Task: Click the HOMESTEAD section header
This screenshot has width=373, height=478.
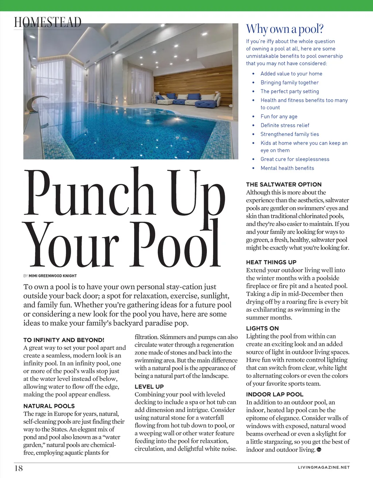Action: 48,22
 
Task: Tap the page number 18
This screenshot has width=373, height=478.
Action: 19,468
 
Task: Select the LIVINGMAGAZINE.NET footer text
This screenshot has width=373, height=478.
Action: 323,467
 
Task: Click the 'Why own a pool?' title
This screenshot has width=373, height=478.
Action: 284,29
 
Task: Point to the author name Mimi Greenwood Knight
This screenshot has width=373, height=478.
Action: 53,276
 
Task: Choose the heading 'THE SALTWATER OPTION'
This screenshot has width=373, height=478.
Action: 284,184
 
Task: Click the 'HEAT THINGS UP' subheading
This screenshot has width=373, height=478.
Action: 271,262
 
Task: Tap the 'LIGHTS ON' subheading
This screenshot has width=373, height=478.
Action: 262,328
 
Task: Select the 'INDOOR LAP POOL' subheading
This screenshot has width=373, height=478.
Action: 275,394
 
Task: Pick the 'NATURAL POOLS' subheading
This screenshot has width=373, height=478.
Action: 49,406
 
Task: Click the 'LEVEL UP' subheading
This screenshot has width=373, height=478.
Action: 149,387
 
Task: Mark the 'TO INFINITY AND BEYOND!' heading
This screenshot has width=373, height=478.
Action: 64,340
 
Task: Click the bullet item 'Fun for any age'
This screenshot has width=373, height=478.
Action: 279,117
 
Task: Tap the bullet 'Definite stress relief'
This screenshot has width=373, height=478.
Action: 285,125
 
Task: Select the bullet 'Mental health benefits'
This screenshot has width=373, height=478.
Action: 287,168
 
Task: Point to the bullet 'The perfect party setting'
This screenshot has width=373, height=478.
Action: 290,91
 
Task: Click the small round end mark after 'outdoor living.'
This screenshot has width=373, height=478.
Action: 319,450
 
